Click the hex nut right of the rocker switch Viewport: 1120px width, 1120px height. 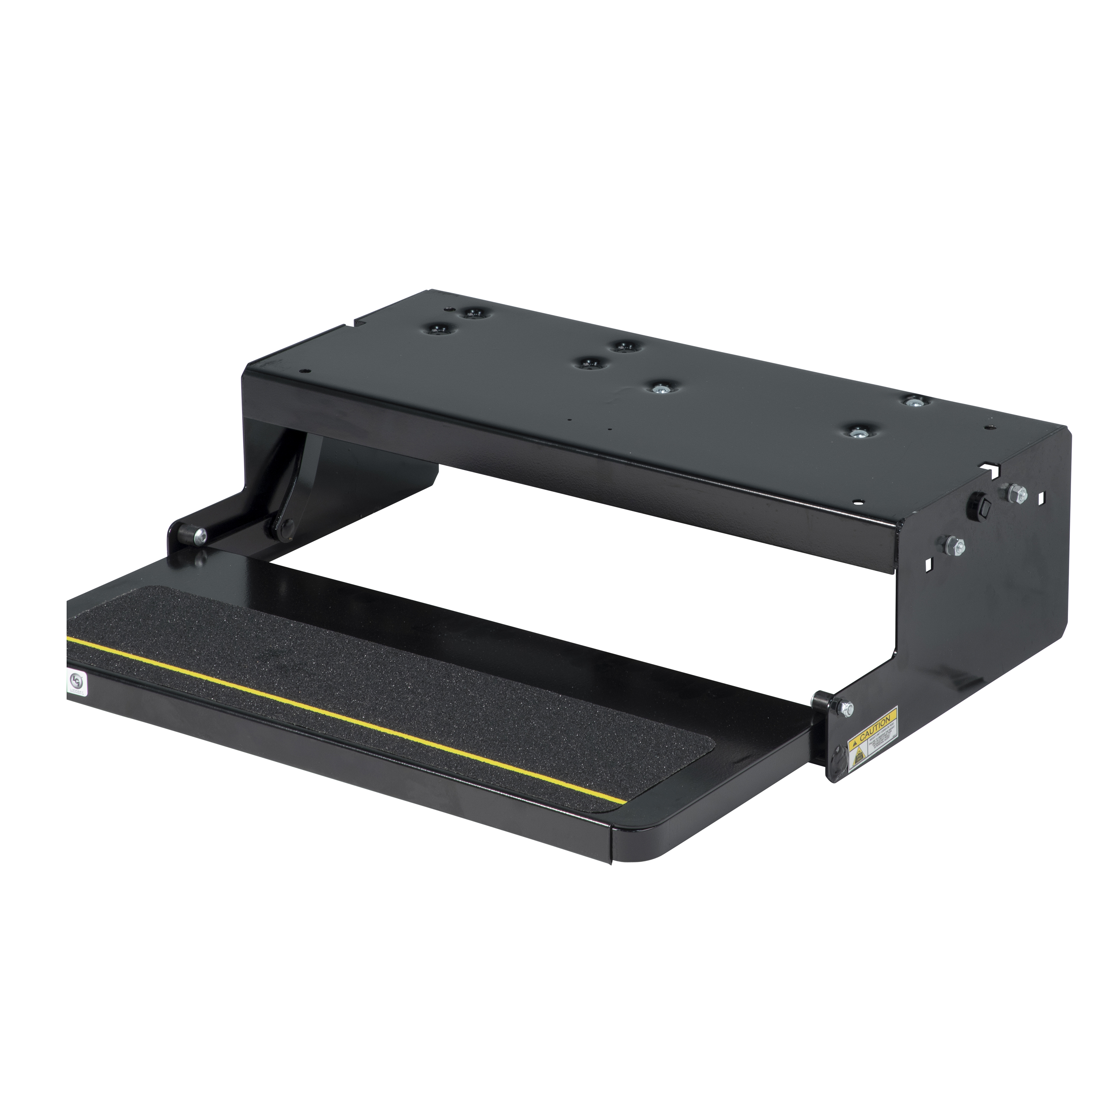pyautogui.click(x=1016, y=494)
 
